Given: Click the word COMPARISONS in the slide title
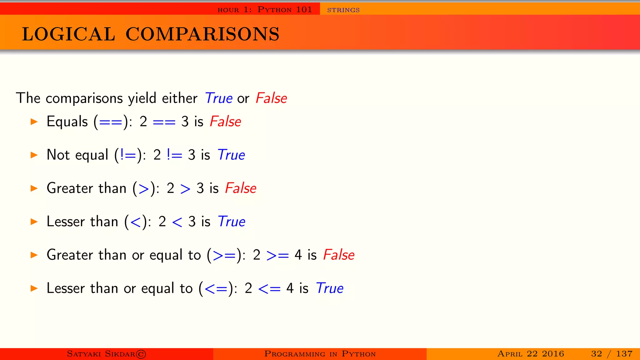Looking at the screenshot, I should [x=202, y=34].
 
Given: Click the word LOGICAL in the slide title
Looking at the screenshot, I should [x=68, y=34].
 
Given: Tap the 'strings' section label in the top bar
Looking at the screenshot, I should [x=343, y=10].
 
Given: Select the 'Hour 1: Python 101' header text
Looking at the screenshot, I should [x=265, y=10].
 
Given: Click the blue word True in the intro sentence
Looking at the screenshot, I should [x=218, y=98].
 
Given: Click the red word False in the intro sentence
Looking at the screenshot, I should [x=271, y=98].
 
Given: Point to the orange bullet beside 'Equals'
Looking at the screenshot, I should [x=34, y=122].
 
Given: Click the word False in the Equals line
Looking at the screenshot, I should [x=225, y=122].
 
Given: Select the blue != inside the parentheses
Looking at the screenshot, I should [x=128, y=155].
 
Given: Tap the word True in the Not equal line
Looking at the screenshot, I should [x=231, y=155].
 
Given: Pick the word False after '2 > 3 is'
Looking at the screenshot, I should [x=241, y=188].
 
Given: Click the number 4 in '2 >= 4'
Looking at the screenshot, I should [x=298, y=255].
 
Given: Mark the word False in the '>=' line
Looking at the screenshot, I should [x=339, y=255].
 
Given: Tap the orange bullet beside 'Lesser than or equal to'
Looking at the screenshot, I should [x=34, y=288].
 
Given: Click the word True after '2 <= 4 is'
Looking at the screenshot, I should [x=329, y=288].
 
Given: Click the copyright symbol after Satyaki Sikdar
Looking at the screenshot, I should [x=141, y=354].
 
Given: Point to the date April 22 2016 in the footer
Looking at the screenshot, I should [x=531, y=354].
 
